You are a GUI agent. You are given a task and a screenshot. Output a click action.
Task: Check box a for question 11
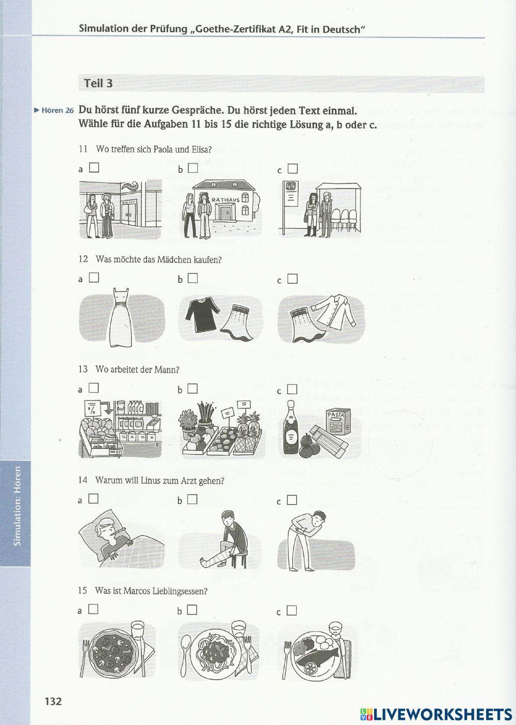click(94, 168)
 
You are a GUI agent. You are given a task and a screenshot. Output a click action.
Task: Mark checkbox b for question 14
click(192, 499)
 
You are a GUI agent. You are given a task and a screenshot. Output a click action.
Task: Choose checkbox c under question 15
click(292, 610)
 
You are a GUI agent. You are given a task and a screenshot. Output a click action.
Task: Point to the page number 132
click(53, 701)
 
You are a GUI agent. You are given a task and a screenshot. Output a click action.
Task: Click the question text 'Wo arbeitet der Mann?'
click(137, 369)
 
